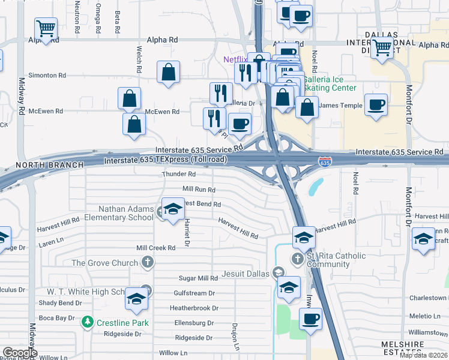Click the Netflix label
(x=235, y=59)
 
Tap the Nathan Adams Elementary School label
(x=126, y=213)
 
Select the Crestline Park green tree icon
(x=88, y=323)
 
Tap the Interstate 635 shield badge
(x=324, y=162)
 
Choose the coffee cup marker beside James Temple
(x=376, y=104)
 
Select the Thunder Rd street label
(x=178, y=174)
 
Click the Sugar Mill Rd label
(x=198, y=278)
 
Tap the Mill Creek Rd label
(x=155, y=247)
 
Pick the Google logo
(x=19, y=353)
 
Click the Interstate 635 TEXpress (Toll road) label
(x=165, y=160)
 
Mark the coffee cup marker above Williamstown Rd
(x=310, y=319)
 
